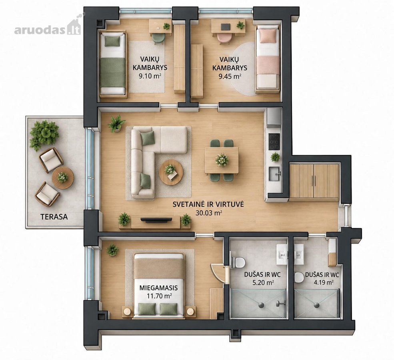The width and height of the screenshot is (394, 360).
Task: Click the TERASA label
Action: pyautogui.click(x=54, y=217)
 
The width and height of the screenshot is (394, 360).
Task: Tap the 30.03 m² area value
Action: pyautogui.click(x=208, y=213)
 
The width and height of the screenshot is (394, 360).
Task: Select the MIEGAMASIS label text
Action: pyautogui.click(x=158, y=288)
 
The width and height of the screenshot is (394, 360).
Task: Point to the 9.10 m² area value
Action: pyautogui.click(x=150, y=76)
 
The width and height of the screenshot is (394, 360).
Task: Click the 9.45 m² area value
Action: pyautogui.click(x=230, y=76)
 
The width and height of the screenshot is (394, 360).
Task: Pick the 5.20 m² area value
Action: pyautogui.click(x=263, y=283)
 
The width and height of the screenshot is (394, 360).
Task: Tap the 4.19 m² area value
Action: pyautogui.click(x=324, y=282)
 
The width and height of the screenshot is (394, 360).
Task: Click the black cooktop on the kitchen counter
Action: pyautogui.click(x=274, y=142)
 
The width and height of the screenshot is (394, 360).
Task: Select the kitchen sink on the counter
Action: pyautogui.click(x=275, y=174)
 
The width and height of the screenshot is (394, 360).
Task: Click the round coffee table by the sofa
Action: pyautogui.click(x=171, y=172)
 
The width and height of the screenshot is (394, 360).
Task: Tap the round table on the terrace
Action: pyautogui.click(x=63, y=177)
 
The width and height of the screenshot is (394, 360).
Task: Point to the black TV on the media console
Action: pyautogui.click(x=156, y=220)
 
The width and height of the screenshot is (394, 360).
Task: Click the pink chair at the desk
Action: pyautogui.click(x=224, y=38)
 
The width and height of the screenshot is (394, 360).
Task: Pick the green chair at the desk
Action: pyautogui.click(x=158, y=38)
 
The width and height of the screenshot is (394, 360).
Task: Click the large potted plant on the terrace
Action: pyautogui.click(x=44, y=134)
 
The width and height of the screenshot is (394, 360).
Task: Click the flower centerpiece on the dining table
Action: pyautogui.click(x=222, y=160)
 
